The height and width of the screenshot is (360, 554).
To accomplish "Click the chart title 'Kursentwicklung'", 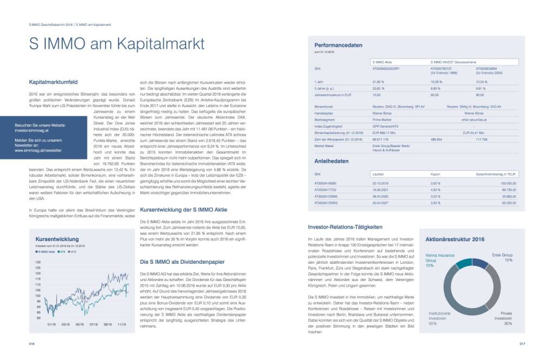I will click(57, 239).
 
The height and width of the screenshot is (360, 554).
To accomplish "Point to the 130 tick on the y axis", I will click(38, 261).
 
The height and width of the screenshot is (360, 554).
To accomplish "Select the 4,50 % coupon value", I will click(434, 190).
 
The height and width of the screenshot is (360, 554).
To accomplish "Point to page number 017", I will click(522, 343).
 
